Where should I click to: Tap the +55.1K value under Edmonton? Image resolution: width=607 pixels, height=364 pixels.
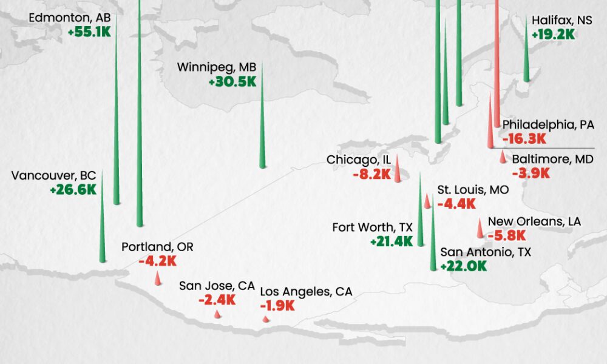pyautogui.click(x=90, y=32)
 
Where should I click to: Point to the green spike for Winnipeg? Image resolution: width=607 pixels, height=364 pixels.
pyautogui.click(x=262, y=133)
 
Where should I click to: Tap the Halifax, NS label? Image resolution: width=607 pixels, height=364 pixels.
pyautogui.click(x=561, y=21)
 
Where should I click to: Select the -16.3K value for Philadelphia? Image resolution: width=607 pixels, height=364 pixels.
pyautogui.click(x=525, y=139)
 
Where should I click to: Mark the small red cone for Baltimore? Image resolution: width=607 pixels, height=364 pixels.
pyautogui.click(x=502, y=158)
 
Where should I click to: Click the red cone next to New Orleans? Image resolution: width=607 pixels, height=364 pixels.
pyautogui.click(x=480, y=229)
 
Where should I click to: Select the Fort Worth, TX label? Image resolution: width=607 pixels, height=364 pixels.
pyautogui.click(x=372, y=227)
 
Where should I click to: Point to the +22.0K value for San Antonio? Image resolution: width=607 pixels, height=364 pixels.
pyautogui.click(x=463, y=266)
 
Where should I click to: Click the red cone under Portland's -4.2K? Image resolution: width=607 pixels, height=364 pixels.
pyautogui.click(x=158, y=279)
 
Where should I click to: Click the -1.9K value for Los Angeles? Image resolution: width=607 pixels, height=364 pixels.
pyautogui.click(x=277, y=306)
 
